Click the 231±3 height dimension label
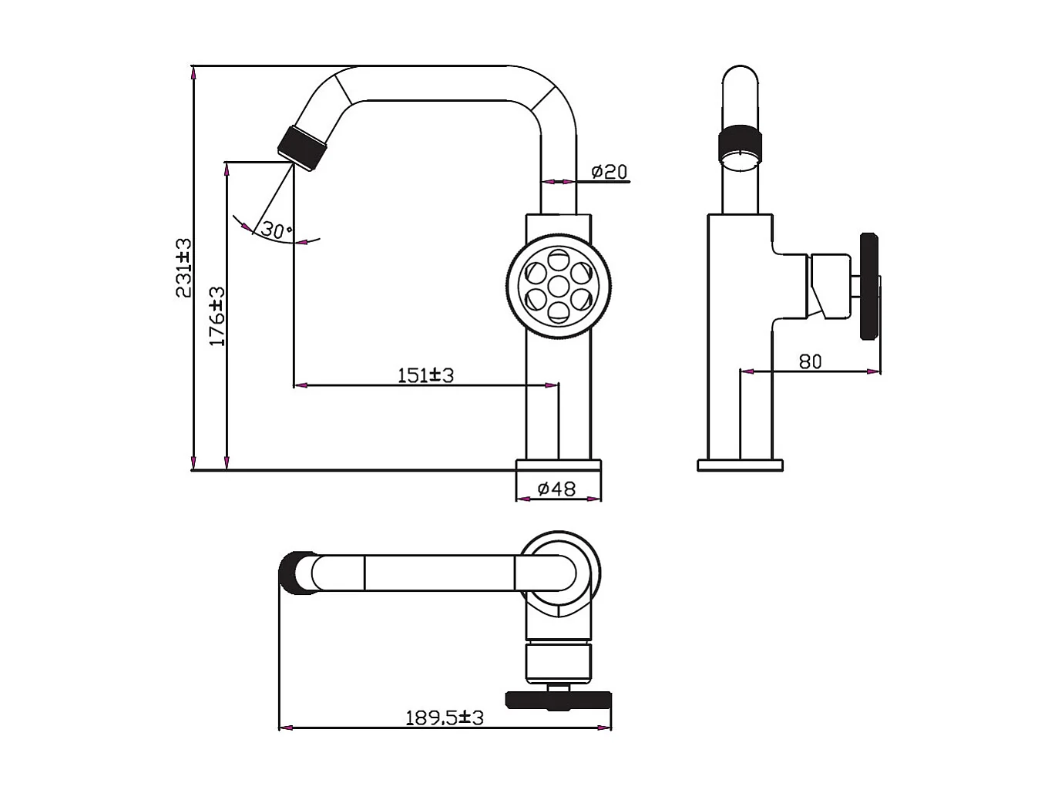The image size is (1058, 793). pos(183,267)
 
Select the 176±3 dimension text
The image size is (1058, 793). pos(217,316)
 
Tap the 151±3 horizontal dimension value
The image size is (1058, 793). pos(425,375)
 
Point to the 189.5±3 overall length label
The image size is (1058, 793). pos(445,717)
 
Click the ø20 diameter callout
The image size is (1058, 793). pos(610,171)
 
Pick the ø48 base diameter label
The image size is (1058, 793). pos(556,489)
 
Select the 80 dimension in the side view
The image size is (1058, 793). pos(810,361)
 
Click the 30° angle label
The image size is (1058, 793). pos(276,230)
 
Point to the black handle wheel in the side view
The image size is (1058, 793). pos(869,286)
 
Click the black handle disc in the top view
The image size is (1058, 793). pos(558,700)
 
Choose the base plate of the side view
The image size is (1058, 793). pos(740,465)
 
